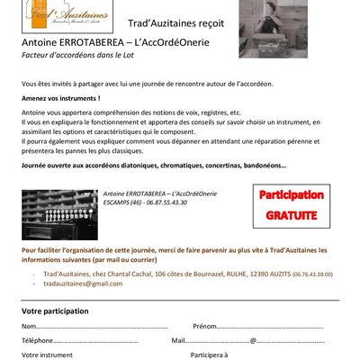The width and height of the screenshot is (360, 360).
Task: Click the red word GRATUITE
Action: [291, 216]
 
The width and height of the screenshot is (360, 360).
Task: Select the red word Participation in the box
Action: [291, 195]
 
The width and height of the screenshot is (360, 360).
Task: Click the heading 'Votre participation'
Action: [55, 310]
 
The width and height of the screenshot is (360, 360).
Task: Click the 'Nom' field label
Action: [29, 326]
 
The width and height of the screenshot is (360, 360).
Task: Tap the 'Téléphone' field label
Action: [38, 340]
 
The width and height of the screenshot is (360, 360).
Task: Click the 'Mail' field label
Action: [177, 340]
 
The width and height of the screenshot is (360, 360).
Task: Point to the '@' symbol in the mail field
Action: [254, 340]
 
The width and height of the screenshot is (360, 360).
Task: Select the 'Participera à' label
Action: [208, 355]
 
